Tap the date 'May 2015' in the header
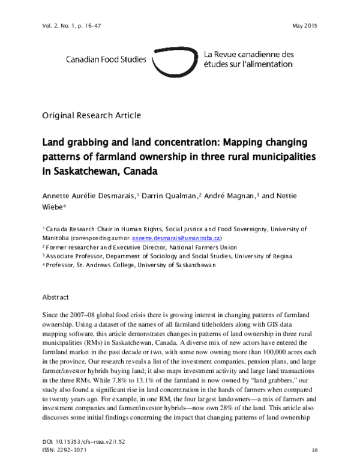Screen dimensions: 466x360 pyautogui.click(x=304, y=26)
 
